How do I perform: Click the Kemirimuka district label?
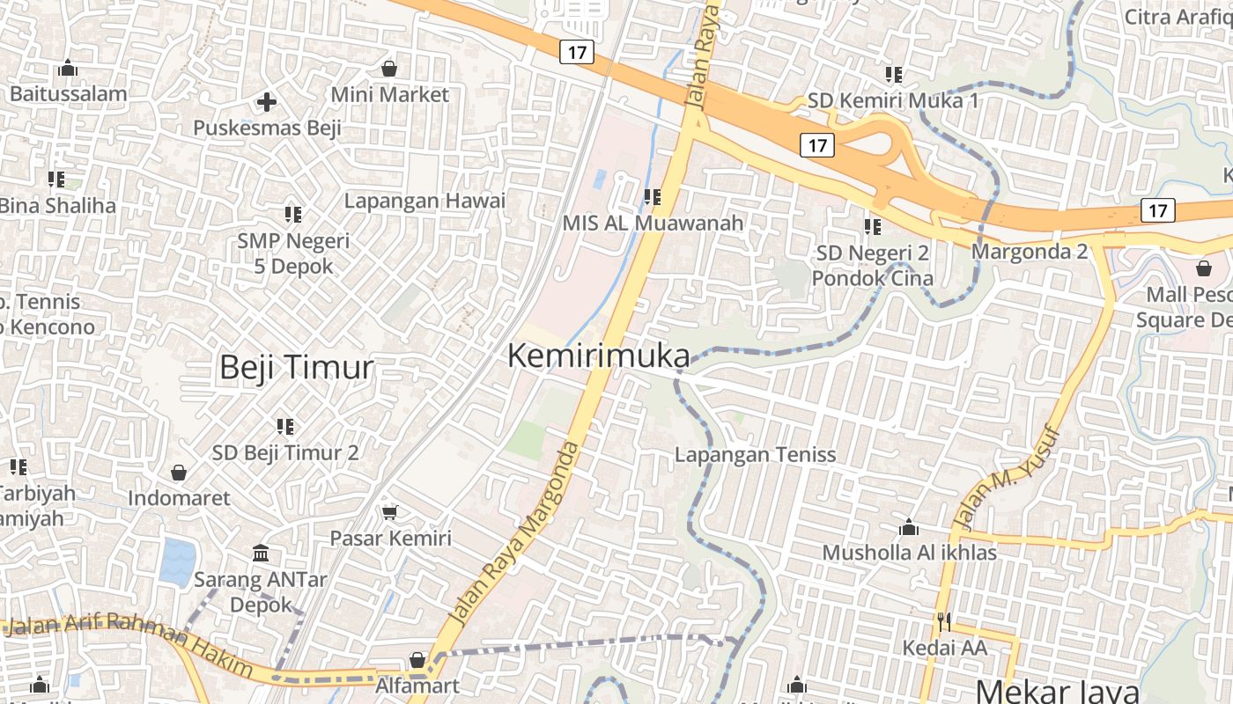(x=599, y=356)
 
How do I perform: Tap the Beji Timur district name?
(x=296, y=367)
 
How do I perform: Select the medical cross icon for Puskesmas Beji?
(x=267, y=102)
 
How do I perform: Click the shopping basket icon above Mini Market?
(x=389, y=68)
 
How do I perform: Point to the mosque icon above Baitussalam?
(x=68, y=68)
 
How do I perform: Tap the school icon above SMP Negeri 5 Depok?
(x=293, y=214)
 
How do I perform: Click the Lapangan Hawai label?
(x=425, y=201)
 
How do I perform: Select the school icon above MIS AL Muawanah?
(x=652, y=197)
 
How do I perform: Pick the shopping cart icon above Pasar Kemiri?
(x=389, y=512)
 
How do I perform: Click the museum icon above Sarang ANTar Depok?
(x=261, y=554)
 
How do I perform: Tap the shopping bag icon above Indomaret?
(x=179, y=473)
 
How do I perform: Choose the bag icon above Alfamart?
(x=417, y=659)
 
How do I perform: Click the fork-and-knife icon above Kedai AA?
(x=944, y=622)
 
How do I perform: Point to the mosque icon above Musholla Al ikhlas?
(x=909, y=527)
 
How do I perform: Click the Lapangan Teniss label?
(x=755, y=455)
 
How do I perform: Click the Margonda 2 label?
(x=1030, y=252)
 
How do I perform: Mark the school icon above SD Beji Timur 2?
(x=284, y=427)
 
